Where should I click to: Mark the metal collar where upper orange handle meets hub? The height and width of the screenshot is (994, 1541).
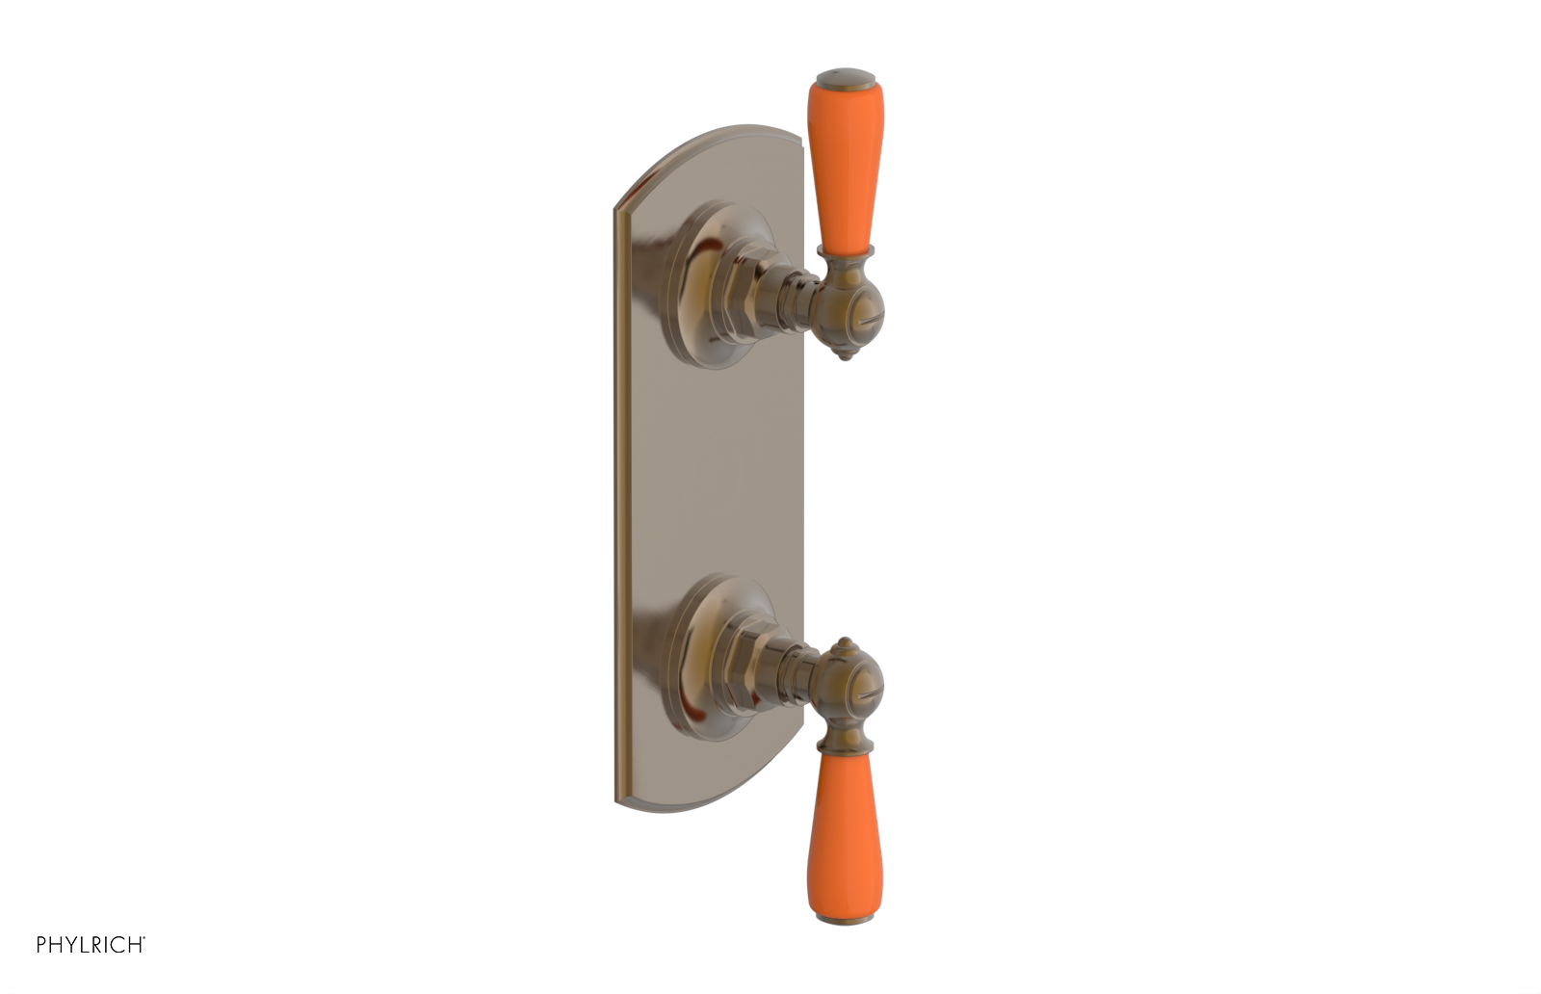click(x=845, y=254)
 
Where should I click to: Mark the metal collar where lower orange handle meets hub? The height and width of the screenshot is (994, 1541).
click(x=845, y=742)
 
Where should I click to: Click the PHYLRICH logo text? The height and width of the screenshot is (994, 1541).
click(x=91, y=945)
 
